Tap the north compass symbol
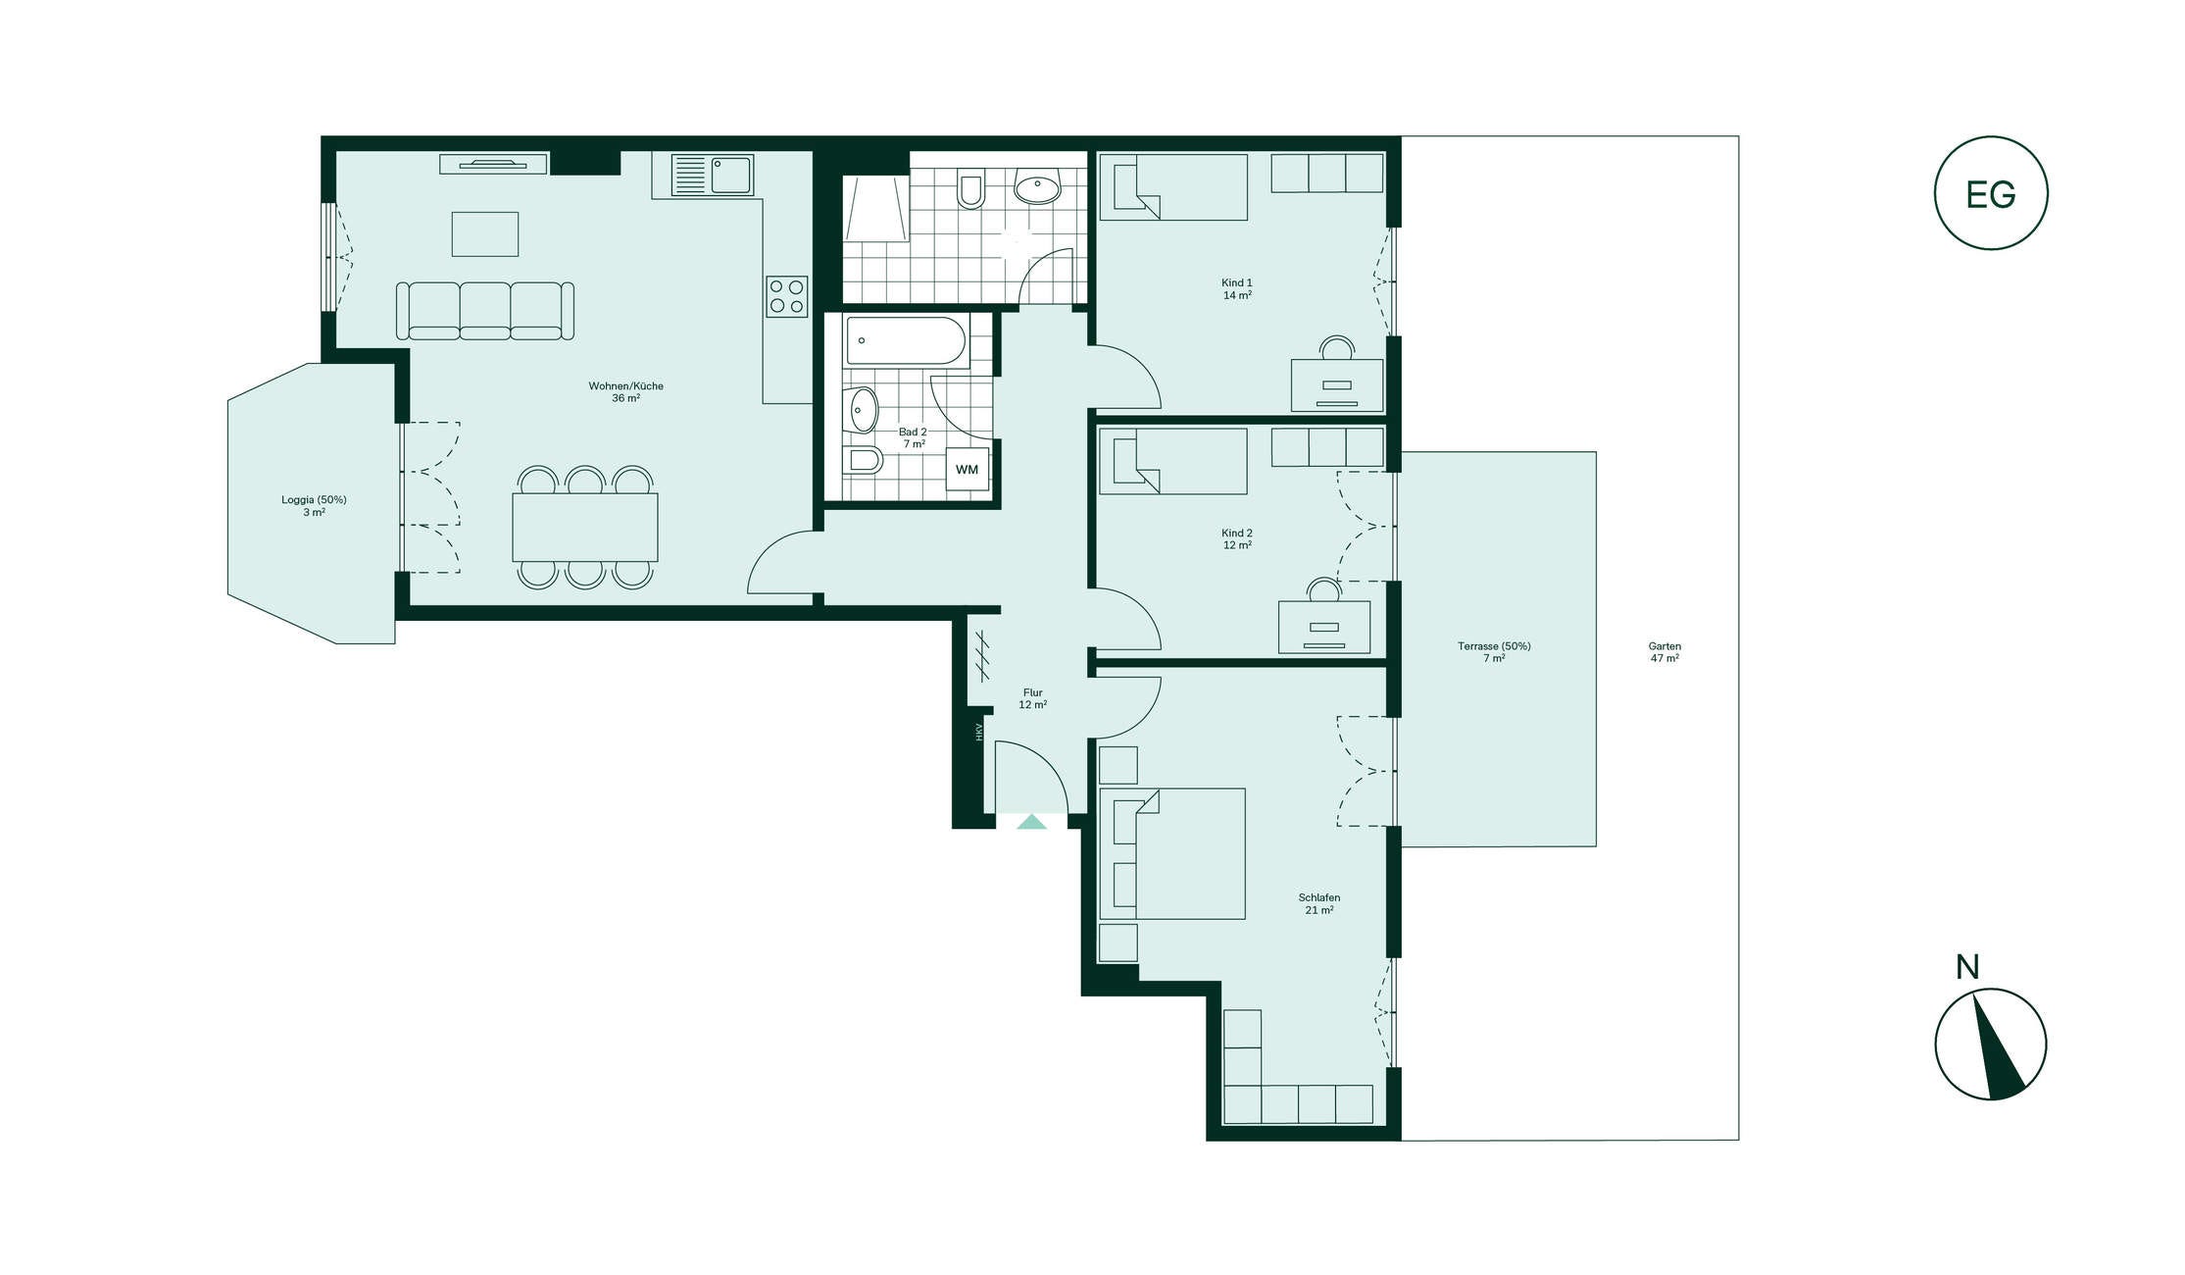(1990, 1044)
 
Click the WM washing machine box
(967, 470)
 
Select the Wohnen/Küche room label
(625, 386)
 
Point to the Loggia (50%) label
(314, 500)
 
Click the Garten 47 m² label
(1664, 652)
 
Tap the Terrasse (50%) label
(1494, 646)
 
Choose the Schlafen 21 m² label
(1318, 904)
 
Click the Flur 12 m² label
(1032, 698)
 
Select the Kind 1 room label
(1236, 283)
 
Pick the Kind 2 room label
(1236, 534)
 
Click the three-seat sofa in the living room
(485, 311)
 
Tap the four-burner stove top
(787, 296)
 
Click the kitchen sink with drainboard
(713, 176)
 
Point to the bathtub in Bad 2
(906, 341)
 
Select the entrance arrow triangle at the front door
(1031, 822)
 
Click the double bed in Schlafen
(1172, 853)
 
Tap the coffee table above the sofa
(485, 234)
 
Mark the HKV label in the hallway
(978, 732)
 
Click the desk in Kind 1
(1337, 384)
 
